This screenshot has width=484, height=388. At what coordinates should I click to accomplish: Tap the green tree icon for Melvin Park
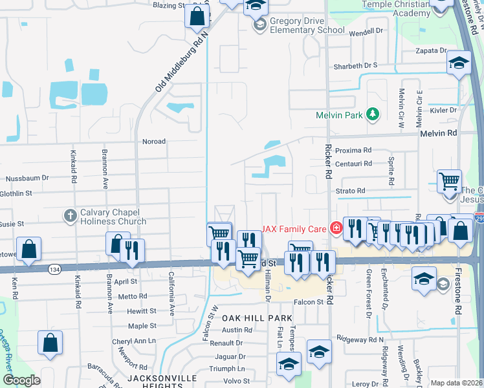point(372,115)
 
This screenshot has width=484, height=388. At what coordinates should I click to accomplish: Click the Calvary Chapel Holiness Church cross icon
point(71,214)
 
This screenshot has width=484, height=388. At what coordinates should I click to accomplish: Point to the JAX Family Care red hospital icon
point(335,228)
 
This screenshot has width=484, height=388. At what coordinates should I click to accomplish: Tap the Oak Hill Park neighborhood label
point(258,318)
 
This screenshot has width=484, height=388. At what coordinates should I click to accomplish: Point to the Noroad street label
point(154,141)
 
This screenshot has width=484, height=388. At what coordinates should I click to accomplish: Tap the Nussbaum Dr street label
point(27,178)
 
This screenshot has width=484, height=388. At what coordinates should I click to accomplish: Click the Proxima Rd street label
point(353,150)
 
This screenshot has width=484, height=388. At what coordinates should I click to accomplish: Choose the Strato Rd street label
point(351,191)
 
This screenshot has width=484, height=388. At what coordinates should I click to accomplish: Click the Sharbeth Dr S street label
point(355,65)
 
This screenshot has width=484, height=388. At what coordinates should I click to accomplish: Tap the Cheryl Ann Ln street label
point(134,341)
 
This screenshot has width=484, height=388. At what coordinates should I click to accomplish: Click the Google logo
point(22,380)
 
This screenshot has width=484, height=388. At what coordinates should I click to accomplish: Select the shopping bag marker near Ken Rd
point(28,248)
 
